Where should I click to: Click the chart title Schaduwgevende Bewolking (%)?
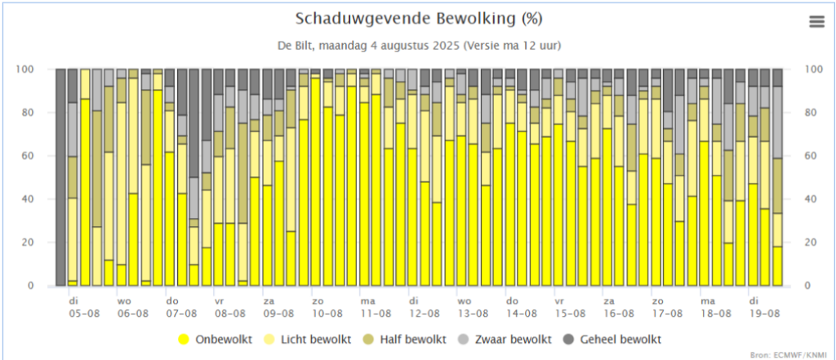(x=418, y=18)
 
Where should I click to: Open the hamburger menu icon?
(x=816, y=22)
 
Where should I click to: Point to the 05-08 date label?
(x=86, y=313)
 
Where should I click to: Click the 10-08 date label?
(x=327, y=313)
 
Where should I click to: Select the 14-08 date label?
(x=521, y=313)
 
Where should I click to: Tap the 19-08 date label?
(x=763, y=313)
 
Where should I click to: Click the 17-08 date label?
(x=666, y=313)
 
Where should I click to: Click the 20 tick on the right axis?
(x=810, y=242)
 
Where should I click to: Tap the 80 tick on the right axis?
(x=810, y=113)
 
